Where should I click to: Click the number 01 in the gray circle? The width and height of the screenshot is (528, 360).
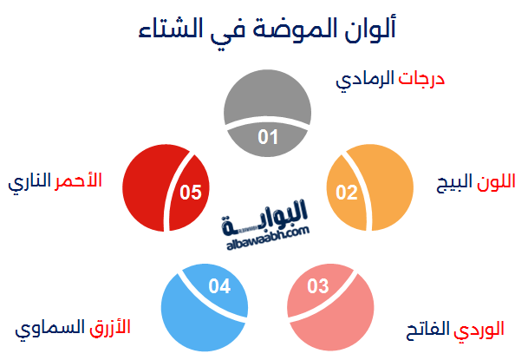tap(268, 137)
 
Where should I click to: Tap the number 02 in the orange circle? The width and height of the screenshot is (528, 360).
tap(347, 191)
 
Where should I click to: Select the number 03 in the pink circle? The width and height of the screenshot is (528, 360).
tap(319, 286)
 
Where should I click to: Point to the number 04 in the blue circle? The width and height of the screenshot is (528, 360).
tap(219, 285)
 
